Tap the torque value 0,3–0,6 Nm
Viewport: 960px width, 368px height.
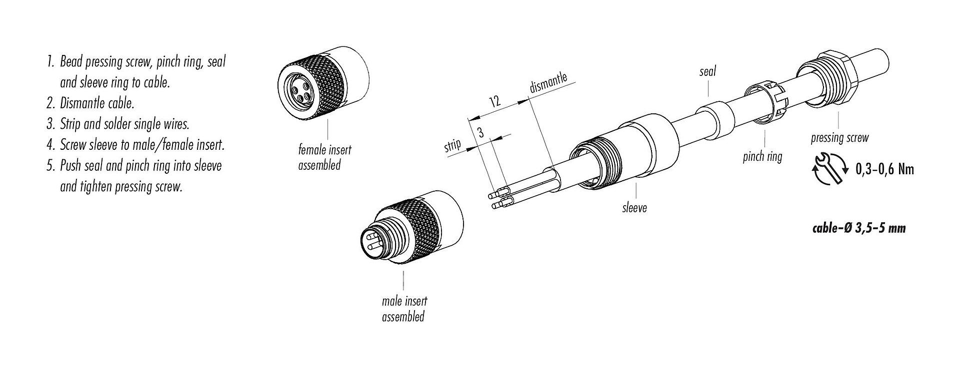pos(884,169)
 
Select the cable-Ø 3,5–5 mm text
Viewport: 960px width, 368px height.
pos(858,229)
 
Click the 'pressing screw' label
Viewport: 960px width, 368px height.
pos(839,138)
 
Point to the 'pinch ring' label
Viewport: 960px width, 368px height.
pos(762,157)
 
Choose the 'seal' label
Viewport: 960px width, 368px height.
pos(707,71)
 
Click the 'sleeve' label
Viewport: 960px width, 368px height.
pos(634,207)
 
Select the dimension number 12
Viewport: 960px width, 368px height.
pos(494,102)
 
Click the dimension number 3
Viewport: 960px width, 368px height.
pos(480,132)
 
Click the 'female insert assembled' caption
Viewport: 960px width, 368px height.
pos(324,157)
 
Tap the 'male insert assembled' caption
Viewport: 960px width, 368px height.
pos(404,309)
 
